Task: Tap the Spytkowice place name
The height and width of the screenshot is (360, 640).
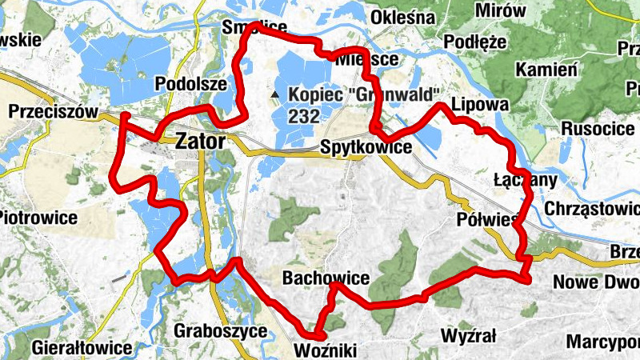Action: tap(366, 147)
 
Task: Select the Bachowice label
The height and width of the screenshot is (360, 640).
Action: tap(326, 278)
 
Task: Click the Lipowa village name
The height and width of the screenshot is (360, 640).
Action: tap(480, 105)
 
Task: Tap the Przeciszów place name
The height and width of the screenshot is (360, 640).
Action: tap(53, 112)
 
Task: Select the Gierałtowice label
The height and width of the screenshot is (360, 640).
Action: tap(82, 348)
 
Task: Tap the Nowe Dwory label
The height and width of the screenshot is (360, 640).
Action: tap(596, 282)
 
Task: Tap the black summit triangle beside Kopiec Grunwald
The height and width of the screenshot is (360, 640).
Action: tap(275, 94)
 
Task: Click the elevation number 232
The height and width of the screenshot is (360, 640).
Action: tap(304, 117)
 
